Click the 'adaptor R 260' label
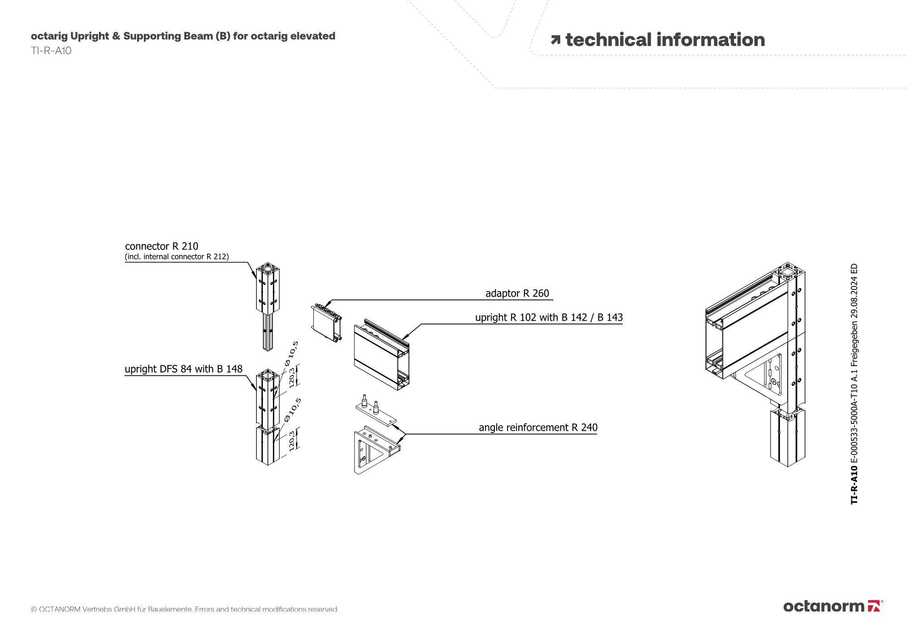[517, 294]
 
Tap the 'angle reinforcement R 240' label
[538, 428]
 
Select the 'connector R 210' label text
[162, 246]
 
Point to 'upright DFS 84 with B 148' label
[183, 369]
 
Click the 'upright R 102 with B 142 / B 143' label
[549, 318]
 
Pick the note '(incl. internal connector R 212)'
[177, 257]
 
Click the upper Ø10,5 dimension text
[292, 353]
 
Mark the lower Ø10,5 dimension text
[293, 409]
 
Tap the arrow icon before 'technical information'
[555, 40]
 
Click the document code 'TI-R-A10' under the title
[51, 51]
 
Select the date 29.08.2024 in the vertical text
[854, 295]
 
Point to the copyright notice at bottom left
[184, 609]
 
